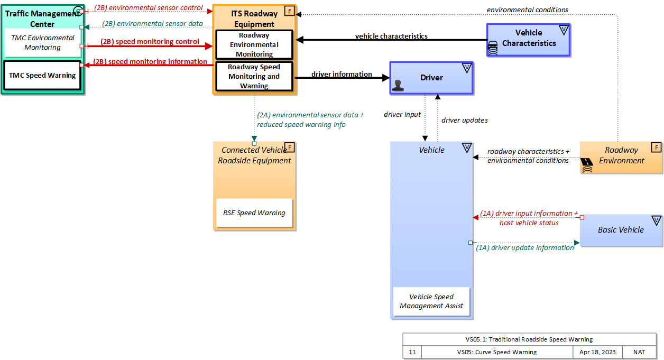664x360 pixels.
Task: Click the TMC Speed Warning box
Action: (x=42, y=75)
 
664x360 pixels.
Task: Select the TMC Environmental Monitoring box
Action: (x=43, y=43)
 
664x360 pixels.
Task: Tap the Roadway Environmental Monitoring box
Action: (x=254, y=45)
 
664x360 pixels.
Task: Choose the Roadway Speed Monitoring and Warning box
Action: (x=254, y=77)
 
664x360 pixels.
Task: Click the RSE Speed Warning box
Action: (x=254, y=213)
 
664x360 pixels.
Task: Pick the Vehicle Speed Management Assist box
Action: (x=431, y=301)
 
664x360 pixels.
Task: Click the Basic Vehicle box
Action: (x=621, y=230)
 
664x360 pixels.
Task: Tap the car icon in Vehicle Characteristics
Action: (x=493, y=48)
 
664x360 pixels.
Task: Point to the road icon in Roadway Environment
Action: (x=587, y=166)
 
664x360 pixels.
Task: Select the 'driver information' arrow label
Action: (x=342, y=75)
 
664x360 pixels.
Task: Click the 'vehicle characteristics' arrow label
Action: (x=391, y=36)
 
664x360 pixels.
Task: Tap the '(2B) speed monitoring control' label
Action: (x=150, y=42)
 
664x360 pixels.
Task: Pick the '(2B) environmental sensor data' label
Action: (x=152, y=24)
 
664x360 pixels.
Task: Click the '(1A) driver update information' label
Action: (x=525, y=247)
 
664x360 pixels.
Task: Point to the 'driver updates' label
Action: (x=464, y=121)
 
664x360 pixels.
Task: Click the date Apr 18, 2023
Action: (x=597, y=352)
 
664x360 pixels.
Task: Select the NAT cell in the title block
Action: (x=639, y=352)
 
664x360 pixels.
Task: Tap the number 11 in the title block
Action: (x=412, y=352)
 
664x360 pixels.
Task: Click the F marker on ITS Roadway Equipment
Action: (x=289, y=11)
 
